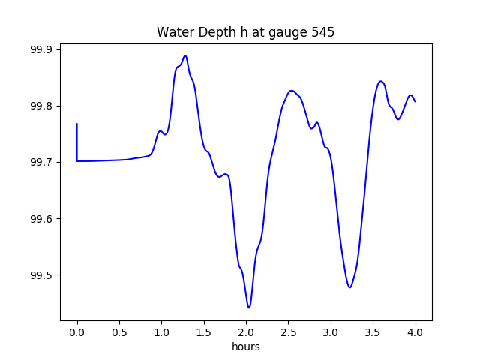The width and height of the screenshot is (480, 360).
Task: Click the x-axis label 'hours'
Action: tap(246, 346)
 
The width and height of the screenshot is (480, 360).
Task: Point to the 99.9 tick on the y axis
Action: tap(40, 49)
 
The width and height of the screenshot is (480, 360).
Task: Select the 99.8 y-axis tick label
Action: tap(40, 106)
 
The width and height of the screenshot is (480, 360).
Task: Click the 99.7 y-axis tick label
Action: tap(40, 162)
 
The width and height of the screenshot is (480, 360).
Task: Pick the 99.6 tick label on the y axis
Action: tap(40, 219)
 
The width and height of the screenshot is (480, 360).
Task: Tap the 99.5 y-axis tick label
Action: tap(40, 275)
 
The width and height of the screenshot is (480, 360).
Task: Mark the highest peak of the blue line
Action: tap(185, 55)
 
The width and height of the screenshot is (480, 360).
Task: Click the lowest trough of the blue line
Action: tap(249, 307)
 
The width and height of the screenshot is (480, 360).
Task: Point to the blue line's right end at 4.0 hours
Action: tap(415, 101)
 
